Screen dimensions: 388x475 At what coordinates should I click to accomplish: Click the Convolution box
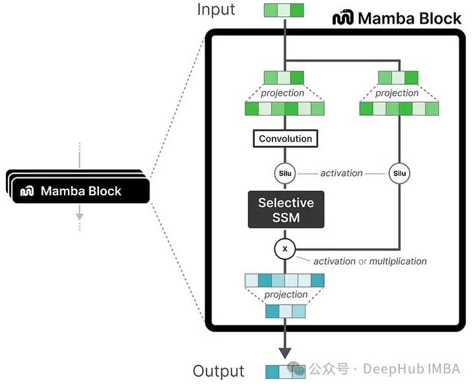pos(285,138)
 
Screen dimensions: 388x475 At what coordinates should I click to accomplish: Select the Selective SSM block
pos(285,210)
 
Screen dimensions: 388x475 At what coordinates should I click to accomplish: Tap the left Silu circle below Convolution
pos(285,173)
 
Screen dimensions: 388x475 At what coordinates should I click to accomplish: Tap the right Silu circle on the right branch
pos(399,173)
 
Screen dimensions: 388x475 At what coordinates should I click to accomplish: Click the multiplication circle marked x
pos(285,248)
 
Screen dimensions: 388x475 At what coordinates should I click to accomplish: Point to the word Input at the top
pos(216,10)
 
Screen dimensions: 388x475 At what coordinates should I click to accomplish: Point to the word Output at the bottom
pos(219,371)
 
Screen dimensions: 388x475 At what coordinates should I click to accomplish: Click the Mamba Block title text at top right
pos(410,18)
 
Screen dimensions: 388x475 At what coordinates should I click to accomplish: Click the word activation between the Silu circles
pos(342,173)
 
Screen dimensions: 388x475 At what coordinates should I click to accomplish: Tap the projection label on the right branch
pos(397,93)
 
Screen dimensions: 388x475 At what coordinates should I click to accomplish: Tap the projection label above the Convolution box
pos(283,93)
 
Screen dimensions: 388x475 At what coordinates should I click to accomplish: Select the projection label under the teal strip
pos(285,295)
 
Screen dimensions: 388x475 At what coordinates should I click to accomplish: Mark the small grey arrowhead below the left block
pos(79,217)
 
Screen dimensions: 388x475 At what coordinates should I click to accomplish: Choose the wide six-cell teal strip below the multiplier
pos(285,280)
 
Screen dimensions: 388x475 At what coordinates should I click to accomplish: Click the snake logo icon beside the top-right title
pos(343,18)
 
